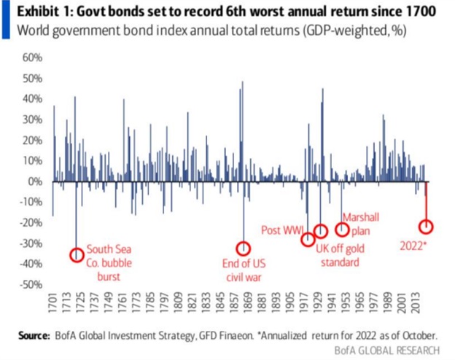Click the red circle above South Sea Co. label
click(77, 254)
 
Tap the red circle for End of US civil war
click(243, 249)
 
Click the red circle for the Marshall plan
click(342, 230)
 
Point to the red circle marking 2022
click(426, 227)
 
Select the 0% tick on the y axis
click(34, 181)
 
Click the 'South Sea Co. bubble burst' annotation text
click(109, 263)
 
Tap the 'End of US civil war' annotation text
click(242, 270)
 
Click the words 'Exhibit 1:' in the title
click(41, 12)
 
